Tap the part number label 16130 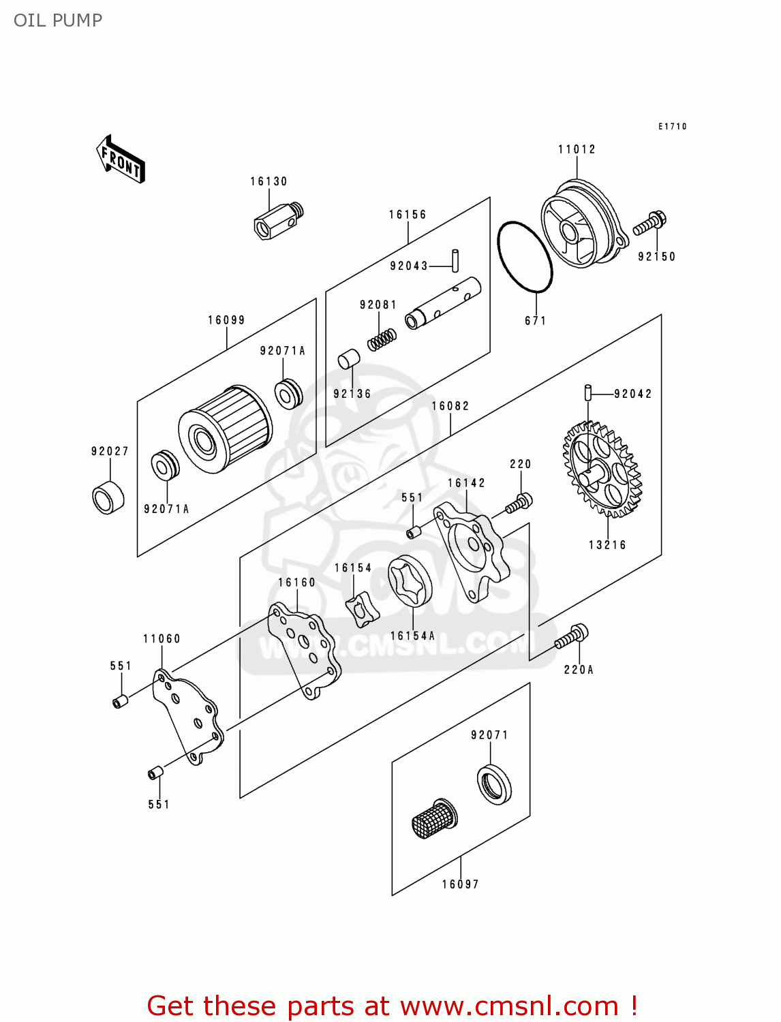coord(269,181)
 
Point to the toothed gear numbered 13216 coord(602,469)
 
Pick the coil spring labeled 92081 coord(382,339)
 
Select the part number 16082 coord(450,406)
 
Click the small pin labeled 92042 coord(587,393)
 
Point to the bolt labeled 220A coord(571,636)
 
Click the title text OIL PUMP coord(58,20)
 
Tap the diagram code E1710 coord(673,126)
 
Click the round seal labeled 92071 coord(493,784)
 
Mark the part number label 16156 coord(408,215)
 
